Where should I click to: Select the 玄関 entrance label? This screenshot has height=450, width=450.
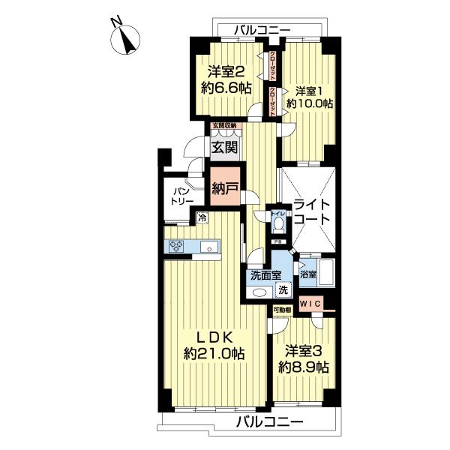(x=223, y=148)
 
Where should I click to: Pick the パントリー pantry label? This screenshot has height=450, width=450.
(x=180, y=196)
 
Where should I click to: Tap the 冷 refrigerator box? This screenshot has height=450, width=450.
(x=202, y=217)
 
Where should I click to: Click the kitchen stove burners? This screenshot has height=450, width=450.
(x=177, y=245)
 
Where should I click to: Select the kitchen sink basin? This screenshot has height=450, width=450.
(x=209, y=246)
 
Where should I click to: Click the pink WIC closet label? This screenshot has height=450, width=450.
(x=310, y=303)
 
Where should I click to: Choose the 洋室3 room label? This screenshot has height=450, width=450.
(x=304, y=350)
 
